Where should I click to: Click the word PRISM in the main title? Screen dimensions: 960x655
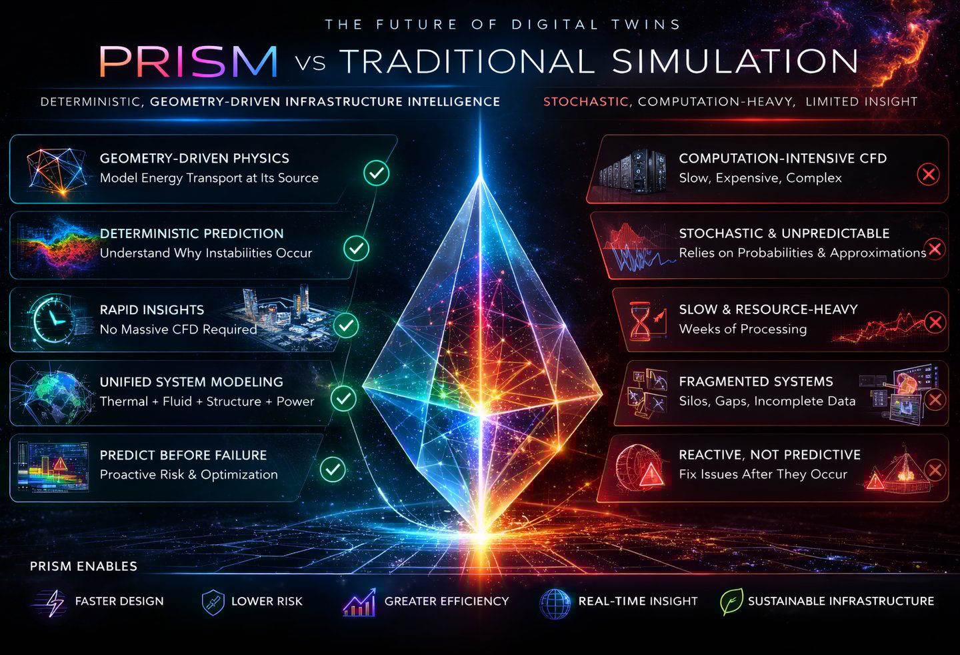click(x=188, y=61)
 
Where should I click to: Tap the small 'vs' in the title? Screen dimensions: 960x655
click(x=310, y=63)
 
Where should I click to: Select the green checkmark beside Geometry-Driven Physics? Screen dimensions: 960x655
click(x=377, y=173)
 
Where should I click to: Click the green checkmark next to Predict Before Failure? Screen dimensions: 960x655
click(x=333, y=469)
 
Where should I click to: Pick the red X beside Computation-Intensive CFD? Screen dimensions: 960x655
click(x=928, y=175)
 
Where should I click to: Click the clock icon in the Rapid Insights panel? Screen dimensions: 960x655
click(x=51, y=319)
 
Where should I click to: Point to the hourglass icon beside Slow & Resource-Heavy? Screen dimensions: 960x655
click(x=641, y=320)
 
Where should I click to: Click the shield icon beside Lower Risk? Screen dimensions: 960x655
click(x=213, y=602)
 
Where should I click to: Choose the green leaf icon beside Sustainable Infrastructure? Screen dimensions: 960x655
click(x=731, y=602)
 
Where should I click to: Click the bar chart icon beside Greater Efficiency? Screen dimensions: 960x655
click(x=359, y=602)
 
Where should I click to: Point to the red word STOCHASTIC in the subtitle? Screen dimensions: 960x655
click(x=585, y=102)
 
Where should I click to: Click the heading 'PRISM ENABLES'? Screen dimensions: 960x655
click(x=83, y=566)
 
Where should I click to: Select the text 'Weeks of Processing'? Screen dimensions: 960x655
click(x=743, y=329)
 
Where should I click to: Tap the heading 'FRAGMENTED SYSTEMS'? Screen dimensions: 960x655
click(x=756, y=382)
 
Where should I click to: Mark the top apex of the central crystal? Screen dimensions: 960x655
click(x=480, y=177)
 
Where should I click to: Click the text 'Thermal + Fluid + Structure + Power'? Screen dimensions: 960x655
click(x=207, y=402)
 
